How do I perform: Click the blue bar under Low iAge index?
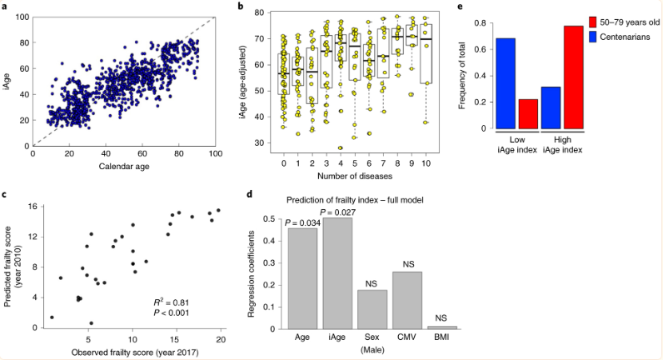[x=506, y=83]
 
